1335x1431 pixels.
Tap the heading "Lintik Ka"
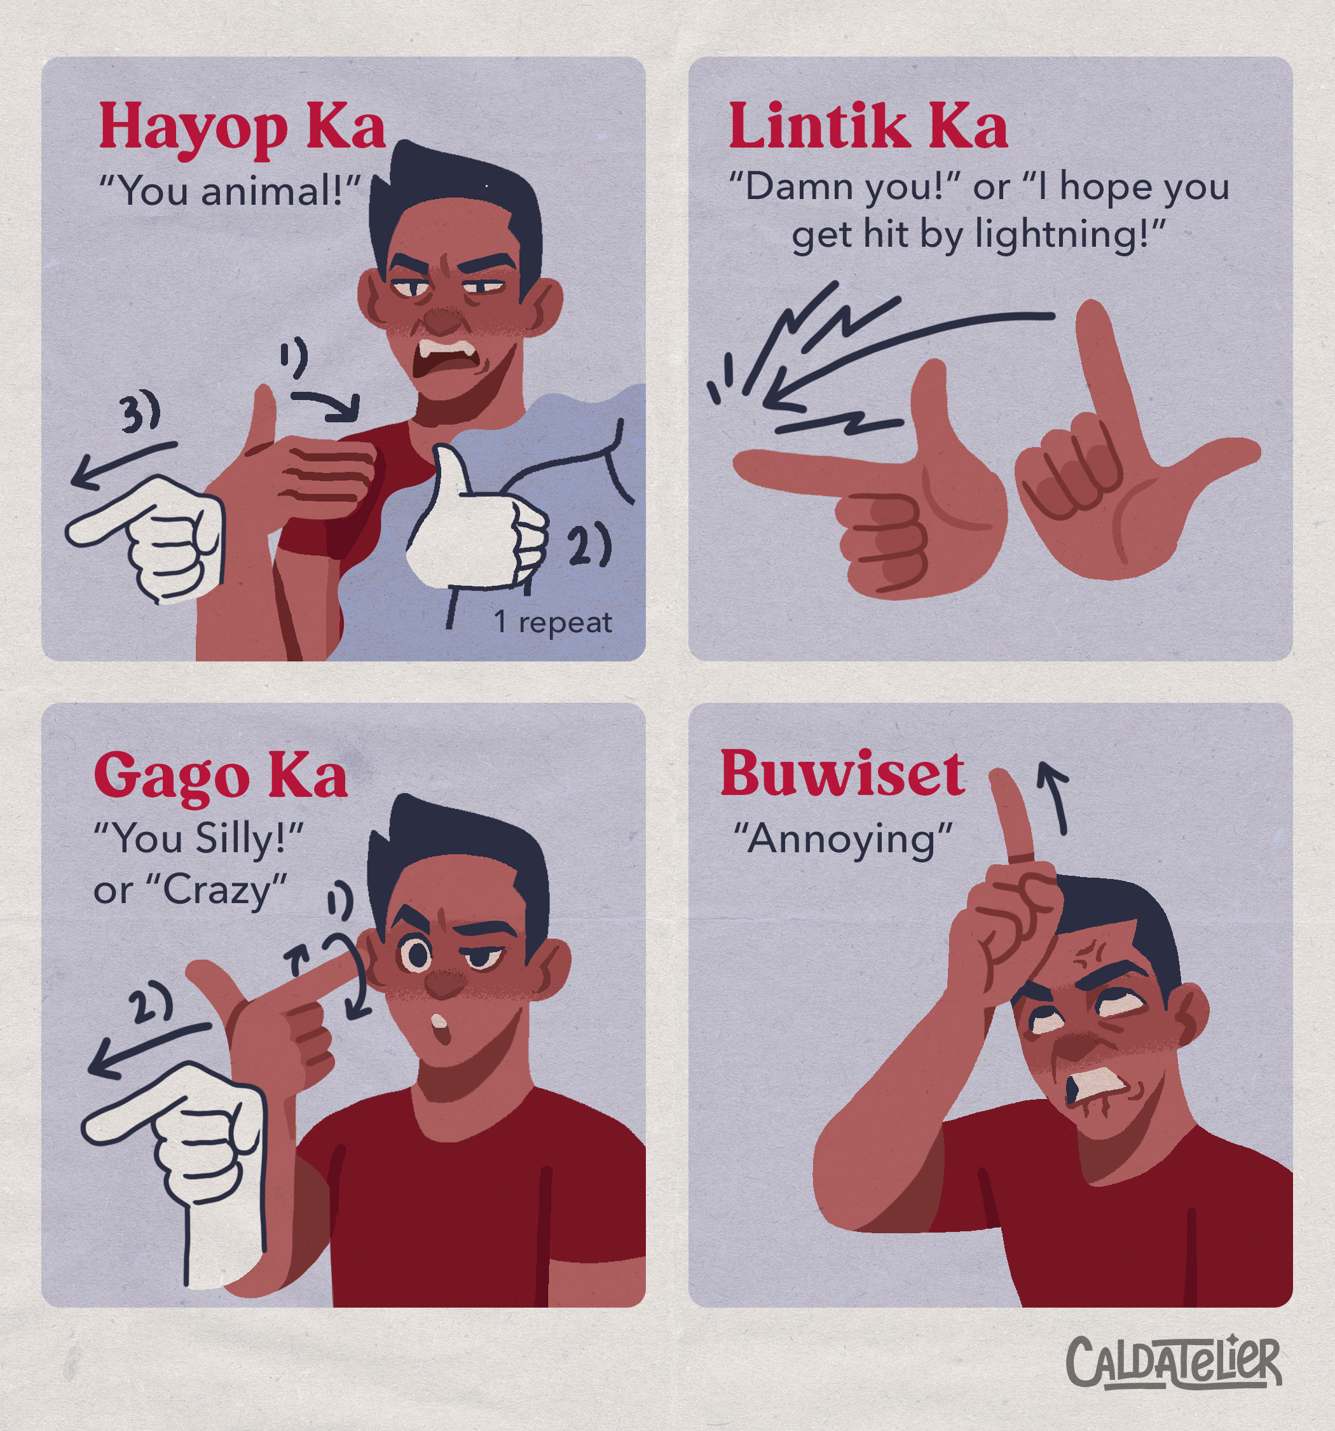[x=868, y=127]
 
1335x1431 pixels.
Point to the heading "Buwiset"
[x=843, y=775]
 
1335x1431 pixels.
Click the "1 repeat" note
[x=552, y=623]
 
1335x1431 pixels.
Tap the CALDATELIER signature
[x=1174, y=1362]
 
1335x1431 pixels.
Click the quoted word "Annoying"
[x=843, y=840]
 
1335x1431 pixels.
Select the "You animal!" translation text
[x=229, y=191]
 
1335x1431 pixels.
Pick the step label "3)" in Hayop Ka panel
[x=140, y=414]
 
